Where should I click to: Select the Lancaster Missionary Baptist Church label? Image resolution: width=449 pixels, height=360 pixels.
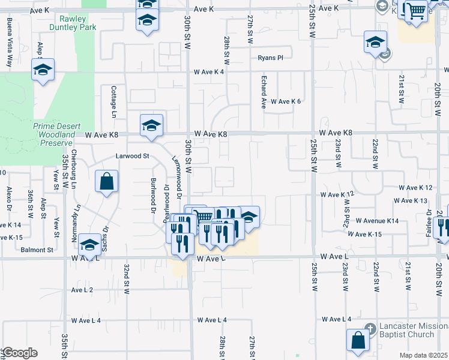pos(414,331)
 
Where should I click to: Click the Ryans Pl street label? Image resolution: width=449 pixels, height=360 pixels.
pos(270,58)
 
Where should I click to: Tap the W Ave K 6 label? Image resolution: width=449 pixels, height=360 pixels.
pos(286,101)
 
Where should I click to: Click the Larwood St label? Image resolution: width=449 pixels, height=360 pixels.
pos(132,156)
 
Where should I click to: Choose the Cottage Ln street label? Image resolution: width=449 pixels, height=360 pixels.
pos(113,100)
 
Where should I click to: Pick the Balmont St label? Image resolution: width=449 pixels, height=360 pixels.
pos(39,250)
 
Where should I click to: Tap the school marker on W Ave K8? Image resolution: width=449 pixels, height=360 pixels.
pos(151,125)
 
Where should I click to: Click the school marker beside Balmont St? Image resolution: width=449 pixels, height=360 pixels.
pos(89,244)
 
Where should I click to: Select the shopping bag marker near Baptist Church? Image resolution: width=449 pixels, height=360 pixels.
pos(358,340)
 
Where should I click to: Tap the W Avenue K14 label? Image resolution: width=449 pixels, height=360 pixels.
pos(377,221)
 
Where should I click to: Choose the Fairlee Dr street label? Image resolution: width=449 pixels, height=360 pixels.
pos(429,221)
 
